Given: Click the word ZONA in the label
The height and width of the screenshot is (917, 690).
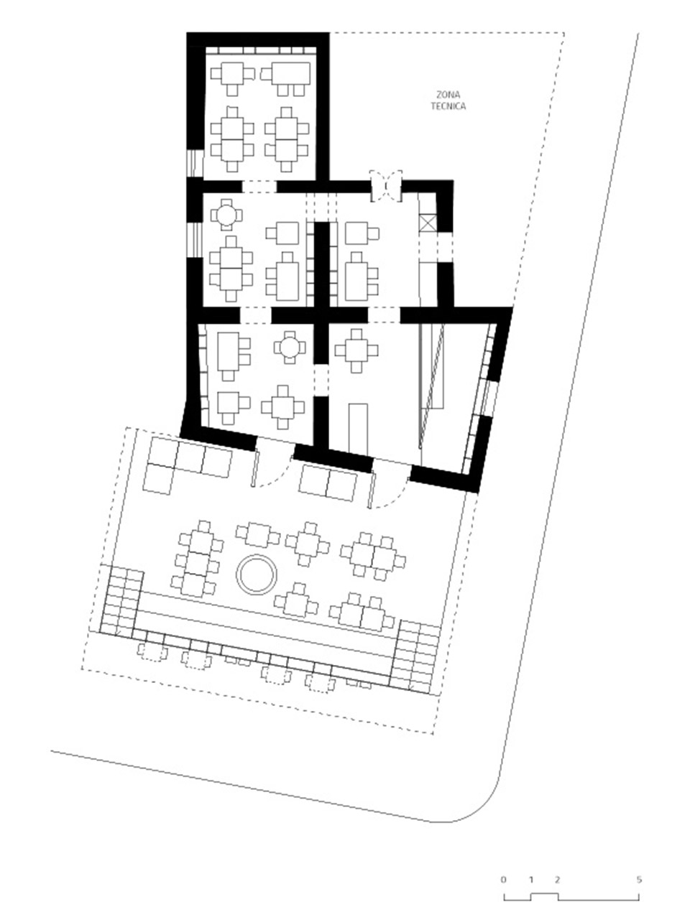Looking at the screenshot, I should click(x=448, y=95).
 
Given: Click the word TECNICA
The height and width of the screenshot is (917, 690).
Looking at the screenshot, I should click(x=448, y=106).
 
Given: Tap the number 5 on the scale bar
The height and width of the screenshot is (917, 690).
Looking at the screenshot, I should click(x=639, y=879).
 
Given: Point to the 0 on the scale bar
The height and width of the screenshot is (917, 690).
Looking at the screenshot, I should click(x=504, y=879).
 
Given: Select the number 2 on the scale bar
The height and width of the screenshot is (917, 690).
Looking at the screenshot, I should click(x=558, y=879).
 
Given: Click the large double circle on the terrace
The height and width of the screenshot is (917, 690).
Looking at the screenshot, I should click(x=257, y=574).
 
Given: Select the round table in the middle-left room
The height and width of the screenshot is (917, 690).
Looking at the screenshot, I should click(x=226, y=214).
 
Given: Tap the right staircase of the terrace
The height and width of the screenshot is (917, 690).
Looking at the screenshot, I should click(x=416, y=656).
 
